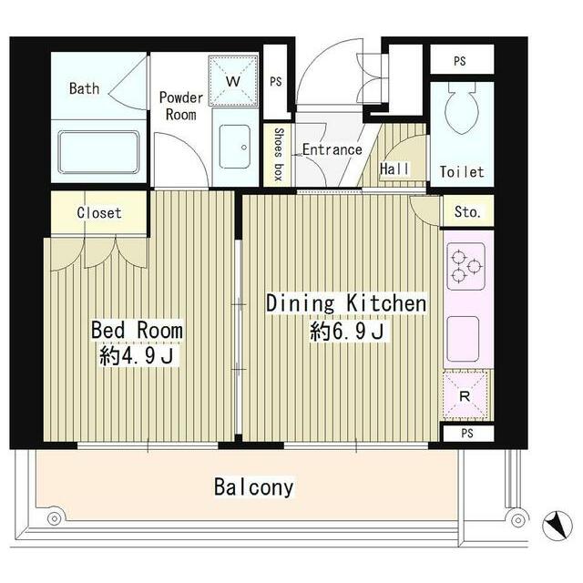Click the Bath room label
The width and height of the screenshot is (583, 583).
[85, 88]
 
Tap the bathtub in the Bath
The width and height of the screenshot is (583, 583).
[98, 152]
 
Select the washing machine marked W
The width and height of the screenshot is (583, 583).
[233, 81]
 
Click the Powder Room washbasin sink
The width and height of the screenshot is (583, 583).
[235, 147]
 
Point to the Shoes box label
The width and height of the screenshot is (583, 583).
[279, 154]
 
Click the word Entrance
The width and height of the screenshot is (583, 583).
[332, 149]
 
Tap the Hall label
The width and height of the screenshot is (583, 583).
[394, 169]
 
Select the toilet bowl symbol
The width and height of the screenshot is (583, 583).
[462, 107]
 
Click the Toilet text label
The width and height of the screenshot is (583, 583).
[462, 172]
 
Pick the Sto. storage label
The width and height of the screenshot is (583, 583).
[467, 212]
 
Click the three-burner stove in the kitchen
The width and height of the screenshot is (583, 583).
[465, 266]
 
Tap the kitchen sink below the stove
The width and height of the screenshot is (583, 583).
[463, 339]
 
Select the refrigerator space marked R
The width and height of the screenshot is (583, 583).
[465, 395]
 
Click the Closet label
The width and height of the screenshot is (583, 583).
[99, 212]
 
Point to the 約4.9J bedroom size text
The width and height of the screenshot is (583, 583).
[137, 356]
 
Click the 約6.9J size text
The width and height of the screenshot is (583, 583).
[347, 331]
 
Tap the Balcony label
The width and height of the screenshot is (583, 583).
[254, 487]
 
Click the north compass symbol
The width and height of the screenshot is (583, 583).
[557, 526]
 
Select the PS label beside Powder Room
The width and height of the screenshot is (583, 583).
[276, 81]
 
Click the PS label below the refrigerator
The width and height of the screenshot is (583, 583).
[467, 434]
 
